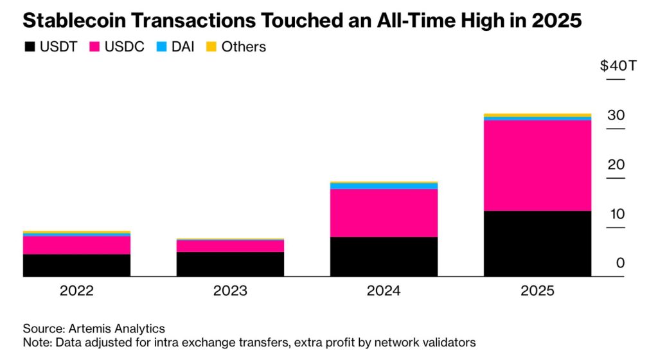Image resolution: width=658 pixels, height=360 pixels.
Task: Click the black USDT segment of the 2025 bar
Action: (x=537, y=244)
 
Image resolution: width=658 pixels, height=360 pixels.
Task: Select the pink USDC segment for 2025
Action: (x=537, y=165)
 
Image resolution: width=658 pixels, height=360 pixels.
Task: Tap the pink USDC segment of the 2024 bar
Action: (x=384, y=213)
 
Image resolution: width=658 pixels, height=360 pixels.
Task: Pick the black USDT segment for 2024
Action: (x=384, y=256)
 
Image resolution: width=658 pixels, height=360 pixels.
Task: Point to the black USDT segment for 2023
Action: (x=230, y=264)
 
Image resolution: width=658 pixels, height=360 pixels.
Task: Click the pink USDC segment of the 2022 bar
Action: (x=76, y=245)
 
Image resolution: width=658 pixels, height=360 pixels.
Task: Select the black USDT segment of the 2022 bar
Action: (x=76, y=265)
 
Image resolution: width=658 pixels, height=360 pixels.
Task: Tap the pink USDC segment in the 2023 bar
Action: (x=230, y=246)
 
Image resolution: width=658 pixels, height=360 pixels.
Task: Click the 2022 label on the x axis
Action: (x=76, y=291)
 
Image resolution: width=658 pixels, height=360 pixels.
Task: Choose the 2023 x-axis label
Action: (x=230, y=291)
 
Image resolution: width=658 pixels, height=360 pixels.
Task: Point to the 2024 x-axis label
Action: (x=384, y=291)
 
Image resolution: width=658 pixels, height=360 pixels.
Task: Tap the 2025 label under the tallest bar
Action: (x=537, y=291)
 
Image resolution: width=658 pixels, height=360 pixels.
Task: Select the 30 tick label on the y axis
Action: (x=616, y=116)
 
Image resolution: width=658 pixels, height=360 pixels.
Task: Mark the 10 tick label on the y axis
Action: (x=616, y=214)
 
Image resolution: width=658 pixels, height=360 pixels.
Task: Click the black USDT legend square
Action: (x=29, y=47)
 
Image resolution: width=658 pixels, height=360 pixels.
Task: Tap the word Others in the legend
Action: (x=244, y=47)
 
